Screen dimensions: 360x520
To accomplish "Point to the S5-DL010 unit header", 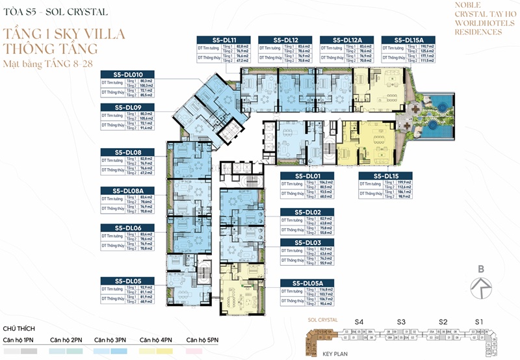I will point(127,74).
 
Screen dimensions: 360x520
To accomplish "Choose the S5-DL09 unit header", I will point(127,107).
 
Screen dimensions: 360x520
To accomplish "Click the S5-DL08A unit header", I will point(127,190).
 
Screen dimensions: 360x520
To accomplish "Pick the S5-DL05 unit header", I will point(127,280).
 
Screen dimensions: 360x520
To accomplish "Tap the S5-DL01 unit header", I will point(306,175).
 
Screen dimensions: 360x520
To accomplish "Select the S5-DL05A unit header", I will point(306,283).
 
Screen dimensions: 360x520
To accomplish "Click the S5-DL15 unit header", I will point(385,175).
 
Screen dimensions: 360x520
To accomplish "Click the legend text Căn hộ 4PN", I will point(156,340).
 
